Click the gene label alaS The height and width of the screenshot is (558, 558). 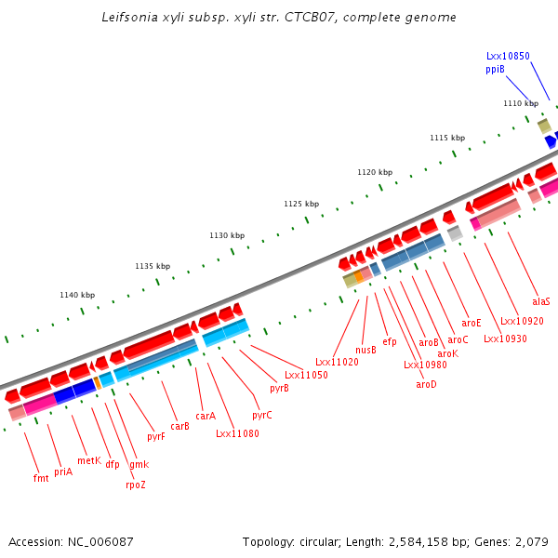pos(541,301)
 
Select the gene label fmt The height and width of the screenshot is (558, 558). pos(41,478)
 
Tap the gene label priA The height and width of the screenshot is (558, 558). pos(63,472)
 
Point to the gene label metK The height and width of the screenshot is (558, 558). pos(89,460)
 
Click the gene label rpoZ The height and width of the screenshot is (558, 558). pos(135,485)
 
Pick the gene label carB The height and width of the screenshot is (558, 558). pos(179,426)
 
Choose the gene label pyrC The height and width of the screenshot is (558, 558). pos(262,415)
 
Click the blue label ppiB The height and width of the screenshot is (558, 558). pos(495,69)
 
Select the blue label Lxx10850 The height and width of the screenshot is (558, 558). pos(508,56)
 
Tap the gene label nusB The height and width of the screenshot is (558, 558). pos(365,350)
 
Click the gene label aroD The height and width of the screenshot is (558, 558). pos(426,384)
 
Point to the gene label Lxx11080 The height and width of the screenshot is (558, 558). pos(237,433)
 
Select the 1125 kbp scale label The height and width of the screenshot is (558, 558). pos(301,204)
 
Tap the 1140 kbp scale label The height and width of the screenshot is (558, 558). pos(77,295)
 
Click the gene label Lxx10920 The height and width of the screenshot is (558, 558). pos(522,322)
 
